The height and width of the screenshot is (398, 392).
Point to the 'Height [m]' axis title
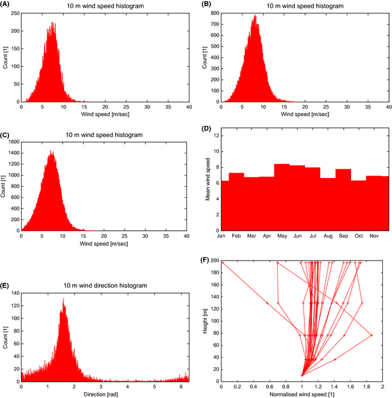(207, 321)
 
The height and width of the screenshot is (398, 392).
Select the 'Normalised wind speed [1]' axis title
(302, 393)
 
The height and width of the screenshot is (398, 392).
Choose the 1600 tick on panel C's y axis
(13, 142)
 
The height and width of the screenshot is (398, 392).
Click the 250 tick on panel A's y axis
(14, 13)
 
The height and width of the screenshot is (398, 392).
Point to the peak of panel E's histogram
(63, 298)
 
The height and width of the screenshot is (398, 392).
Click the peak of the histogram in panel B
(255, 16)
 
